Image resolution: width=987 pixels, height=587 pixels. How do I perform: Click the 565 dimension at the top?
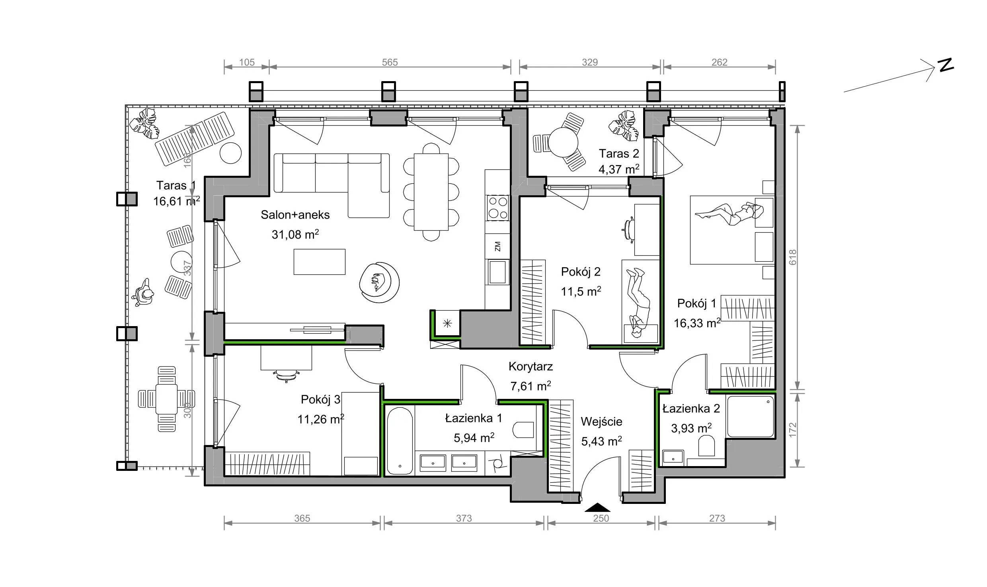[x=390, y=62]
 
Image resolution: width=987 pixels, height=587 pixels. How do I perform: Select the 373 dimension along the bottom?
[x=464, y=518]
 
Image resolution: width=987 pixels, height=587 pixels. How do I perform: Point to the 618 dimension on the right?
[x=792, y=257]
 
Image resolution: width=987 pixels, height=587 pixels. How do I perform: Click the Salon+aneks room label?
[x=295, y=215]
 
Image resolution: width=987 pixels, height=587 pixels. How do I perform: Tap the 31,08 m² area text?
[x=295, y=234]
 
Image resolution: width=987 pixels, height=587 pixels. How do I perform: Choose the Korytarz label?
[x=531, y=366]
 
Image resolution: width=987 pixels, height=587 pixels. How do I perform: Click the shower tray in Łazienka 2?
[x=750, y=416]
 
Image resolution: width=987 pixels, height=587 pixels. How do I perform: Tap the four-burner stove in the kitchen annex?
[x=498, y=208]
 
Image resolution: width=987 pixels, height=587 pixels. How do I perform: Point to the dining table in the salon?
[x=431, y=192]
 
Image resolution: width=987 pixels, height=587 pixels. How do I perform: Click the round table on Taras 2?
[x=563, y=142]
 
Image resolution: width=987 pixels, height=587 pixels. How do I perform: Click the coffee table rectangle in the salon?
[x=319, y=262]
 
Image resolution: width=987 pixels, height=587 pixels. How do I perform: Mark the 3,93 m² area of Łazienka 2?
[x=691, y=428]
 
